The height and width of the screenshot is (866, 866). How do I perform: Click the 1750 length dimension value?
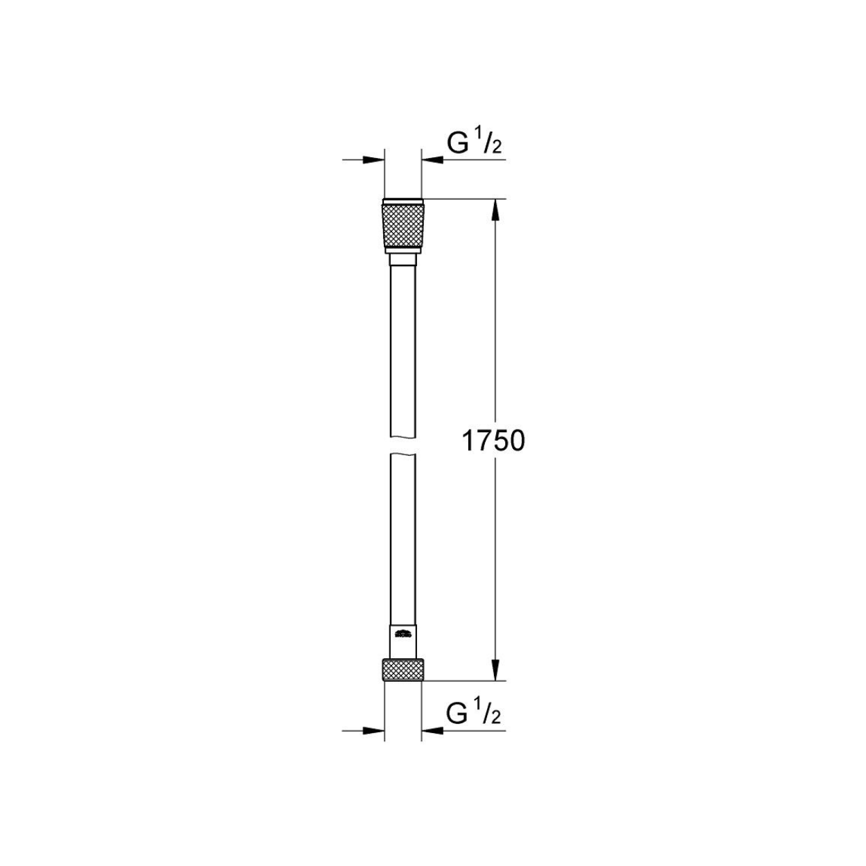pyautogui.click(x=493, y=441)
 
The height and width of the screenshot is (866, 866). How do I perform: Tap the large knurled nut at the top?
pyautogui.click(x=403, y=226)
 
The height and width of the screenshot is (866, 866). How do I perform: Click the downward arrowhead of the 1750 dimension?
pyautogui.click(x=495, y=682)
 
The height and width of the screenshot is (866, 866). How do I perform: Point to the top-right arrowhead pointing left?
pyautogui.click(x=432, y=159)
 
